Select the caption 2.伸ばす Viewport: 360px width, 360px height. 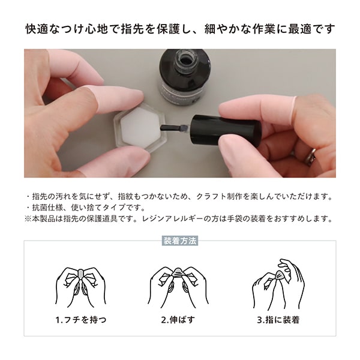[179, 320]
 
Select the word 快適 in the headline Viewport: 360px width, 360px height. [35, 28]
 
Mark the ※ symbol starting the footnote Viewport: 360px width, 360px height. [28, 218]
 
